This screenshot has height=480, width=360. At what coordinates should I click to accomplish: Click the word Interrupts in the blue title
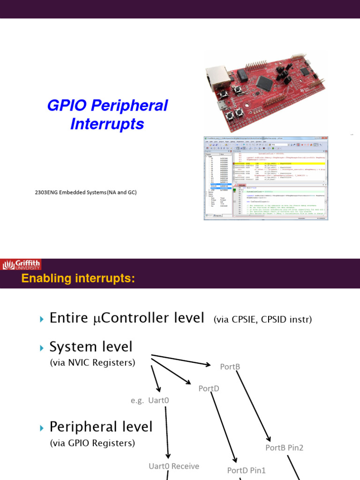pyautogui.click(x=107, y=124)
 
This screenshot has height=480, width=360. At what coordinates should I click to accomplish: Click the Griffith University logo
pyautogui.click(x=21, y=265)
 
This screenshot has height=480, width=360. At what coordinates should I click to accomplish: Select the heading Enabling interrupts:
pyautogui.click(x=78, y=279)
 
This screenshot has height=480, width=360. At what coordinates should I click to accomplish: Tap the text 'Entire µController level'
pyautogui.click(x=127, y=318)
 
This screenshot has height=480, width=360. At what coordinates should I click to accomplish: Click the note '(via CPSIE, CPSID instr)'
pyautogui.click(x=262, y=320)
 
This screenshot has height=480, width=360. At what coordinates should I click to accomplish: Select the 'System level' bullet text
pyautogui.click(x=91, y=347)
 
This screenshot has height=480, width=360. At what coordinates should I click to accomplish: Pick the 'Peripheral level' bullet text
pyautogui.click(x=101, y=427)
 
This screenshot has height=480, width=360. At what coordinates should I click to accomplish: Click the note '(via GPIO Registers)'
pyautogui.click(x=92, y=442)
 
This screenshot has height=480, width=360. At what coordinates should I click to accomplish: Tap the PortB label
pyautogui.click(x=230, y=367)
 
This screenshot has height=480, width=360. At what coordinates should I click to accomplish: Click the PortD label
pyautogui.click(x=209, y=388)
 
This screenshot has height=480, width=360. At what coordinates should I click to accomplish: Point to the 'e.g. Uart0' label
pyautogui.click(x=150, y=400)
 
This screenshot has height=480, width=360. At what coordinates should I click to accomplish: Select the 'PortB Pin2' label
pyautogui.click(x=284, y=448)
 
